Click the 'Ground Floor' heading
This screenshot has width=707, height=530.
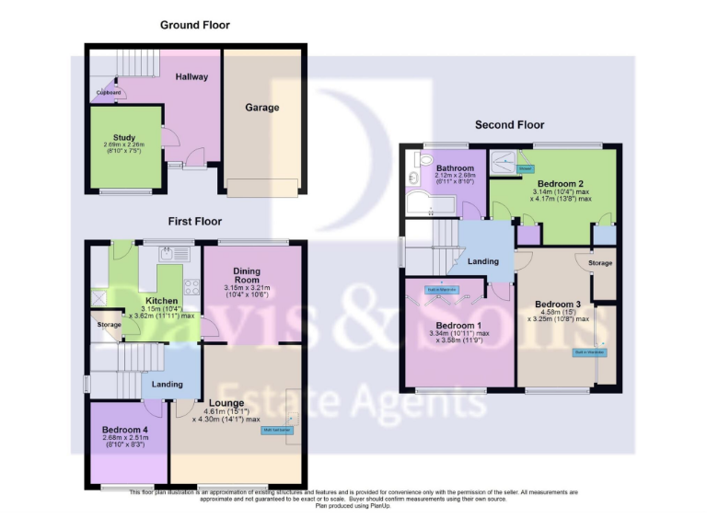(x=194, y=25)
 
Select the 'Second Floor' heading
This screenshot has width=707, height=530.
(x=509, y=124)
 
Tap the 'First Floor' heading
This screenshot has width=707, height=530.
(x=194, y=222)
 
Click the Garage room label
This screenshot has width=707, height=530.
(x=261, y=108)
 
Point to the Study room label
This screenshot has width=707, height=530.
(x=123, y=138)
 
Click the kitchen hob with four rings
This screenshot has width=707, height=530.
(x=191, y=285)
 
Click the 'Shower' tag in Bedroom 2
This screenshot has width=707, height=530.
(x=525, y=168)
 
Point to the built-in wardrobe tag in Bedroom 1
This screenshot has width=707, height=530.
(x=441, y=289)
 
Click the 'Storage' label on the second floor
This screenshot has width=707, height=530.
(x=601, y=263)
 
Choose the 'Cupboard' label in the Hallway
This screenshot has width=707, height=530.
(x=110, y=92)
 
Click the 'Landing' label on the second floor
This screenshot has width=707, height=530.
(x=482, y=261)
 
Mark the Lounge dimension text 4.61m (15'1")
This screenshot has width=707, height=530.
(x=226, y=412)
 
